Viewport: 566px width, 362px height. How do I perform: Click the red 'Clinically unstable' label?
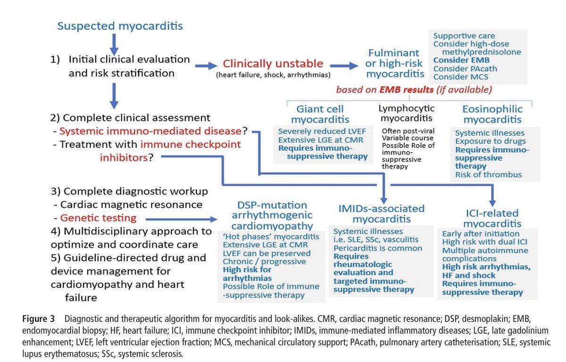tap(273, 64)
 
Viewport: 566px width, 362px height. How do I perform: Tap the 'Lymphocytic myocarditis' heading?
tap(406, 113)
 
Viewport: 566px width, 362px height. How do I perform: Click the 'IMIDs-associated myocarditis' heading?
tap(381, 214)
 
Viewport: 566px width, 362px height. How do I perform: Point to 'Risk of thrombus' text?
tap(488, 175)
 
